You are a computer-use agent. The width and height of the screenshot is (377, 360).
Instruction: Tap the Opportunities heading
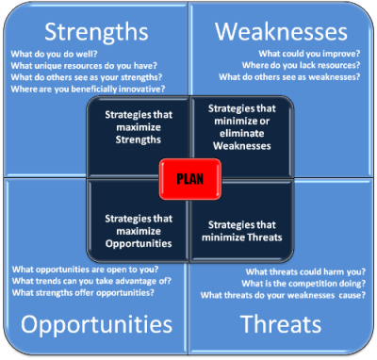(x=96, y=326)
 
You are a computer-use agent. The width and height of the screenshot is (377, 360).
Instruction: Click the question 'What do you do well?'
(x=52, y=54)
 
